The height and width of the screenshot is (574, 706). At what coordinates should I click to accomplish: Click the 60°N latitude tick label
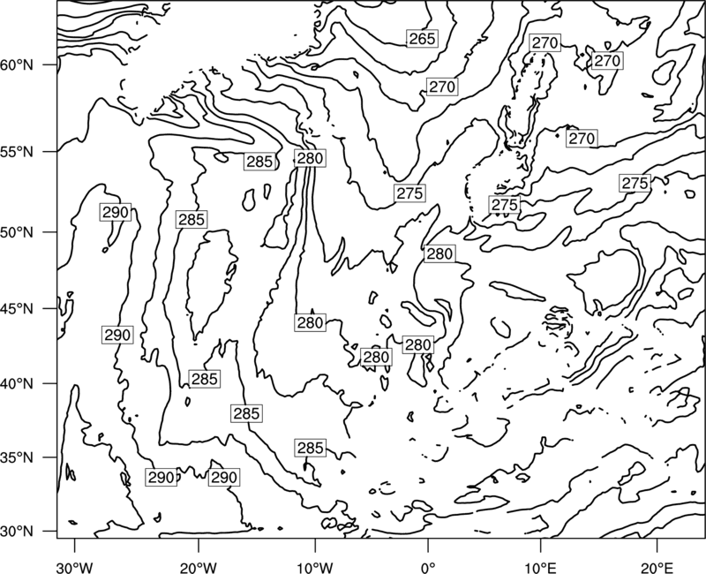[17, 65]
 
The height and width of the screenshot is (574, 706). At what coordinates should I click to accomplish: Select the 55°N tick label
[17, 152]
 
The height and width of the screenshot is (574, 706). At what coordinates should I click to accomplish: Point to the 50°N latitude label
[17, 232]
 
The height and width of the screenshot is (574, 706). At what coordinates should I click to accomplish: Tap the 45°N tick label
[17, 308]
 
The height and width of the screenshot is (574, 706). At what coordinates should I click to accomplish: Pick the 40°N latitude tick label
[17, 384]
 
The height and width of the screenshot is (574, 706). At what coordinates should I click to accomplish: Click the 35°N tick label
[17, 457]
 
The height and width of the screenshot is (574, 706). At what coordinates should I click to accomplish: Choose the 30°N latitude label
[17, 532]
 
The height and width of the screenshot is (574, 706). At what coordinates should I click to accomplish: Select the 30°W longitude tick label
[75, 567]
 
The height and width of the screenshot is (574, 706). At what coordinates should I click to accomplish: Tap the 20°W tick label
[198, 567]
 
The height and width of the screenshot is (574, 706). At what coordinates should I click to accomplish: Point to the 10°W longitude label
[315, 567]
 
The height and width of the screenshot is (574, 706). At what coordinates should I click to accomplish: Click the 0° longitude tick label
[428, 567]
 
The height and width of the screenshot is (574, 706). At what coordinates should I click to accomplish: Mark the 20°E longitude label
[657, 567]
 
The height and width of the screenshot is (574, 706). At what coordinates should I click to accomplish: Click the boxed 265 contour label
[423, 39]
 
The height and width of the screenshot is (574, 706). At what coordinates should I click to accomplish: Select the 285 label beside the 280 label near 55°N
[259, 162]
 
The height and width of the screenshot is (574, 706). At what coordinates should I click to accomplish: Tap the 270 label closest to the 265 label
[442, 87]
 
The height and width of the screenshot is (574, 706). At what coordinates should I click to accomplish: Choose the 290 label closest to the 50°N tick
[116, 212]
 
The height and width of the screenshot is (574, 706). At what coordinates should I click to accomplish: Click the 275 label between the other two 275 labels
[504, 205]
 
